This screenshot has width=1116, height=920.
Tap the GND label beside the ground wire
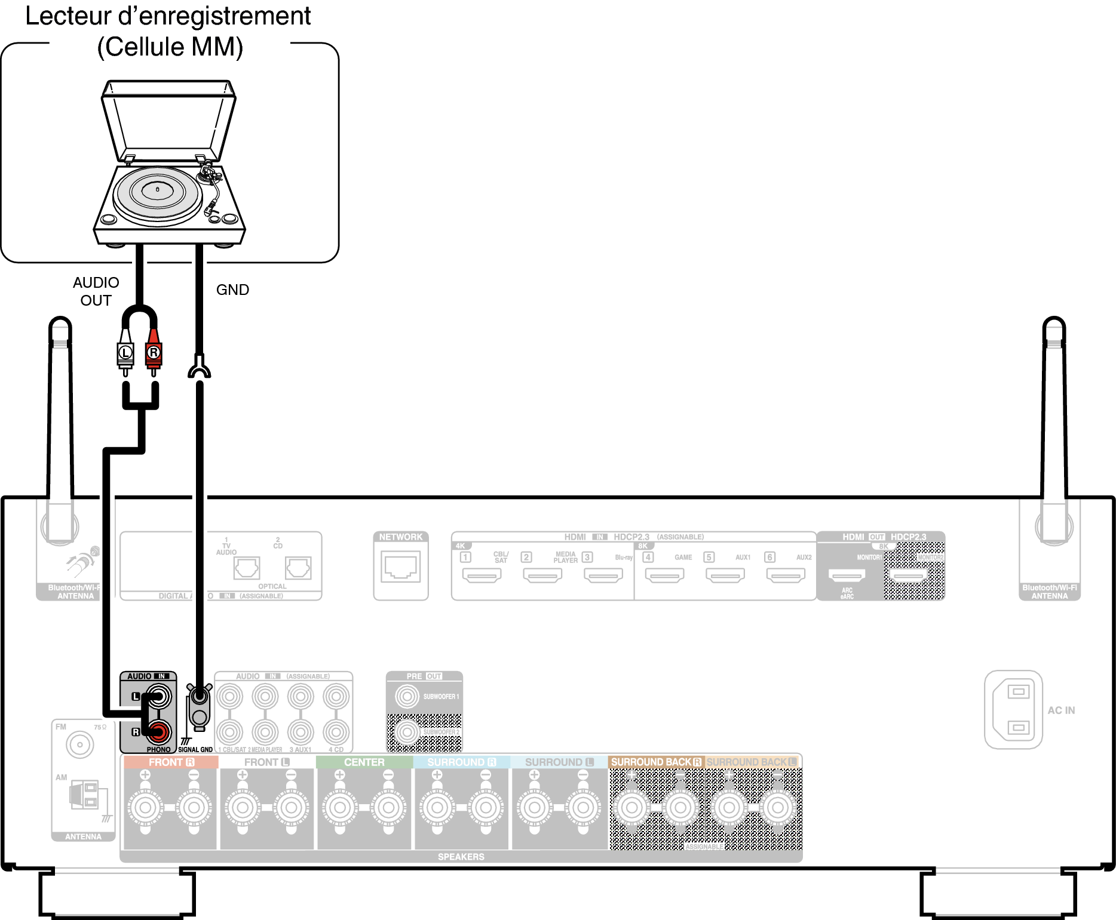[232, 290]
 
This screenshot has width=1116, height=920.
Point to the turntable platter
[157, 192]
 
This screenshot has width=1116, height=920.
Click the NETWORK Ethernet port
[400, 567]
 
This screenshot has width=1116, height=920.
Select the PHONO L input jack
[158, 696]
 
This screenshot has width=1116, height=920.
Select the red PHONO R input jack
[159, 731]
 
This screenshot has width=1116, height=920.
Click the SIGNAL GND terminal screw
[200, 696]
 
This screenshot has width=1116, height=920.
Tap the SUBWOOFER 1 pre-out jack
[407, 696]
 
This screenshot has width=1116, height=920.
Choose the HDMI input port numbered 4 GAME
[664, 576]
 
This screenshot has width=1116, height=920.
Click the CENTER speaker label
[364, 762]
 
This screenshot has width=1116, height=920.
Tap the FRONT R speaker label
[171, 762]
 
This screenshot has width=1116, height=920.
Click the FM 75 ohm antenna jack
[79, 744]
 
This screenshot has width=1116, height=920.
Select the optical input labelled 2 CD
[298, 568]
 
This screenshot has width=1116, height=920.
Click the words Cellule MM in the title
[170, 47]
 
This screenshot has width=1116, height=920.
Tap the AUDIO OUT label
[96, 291]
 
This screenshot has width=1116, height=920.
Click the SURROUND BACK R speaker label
[655, 762]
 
